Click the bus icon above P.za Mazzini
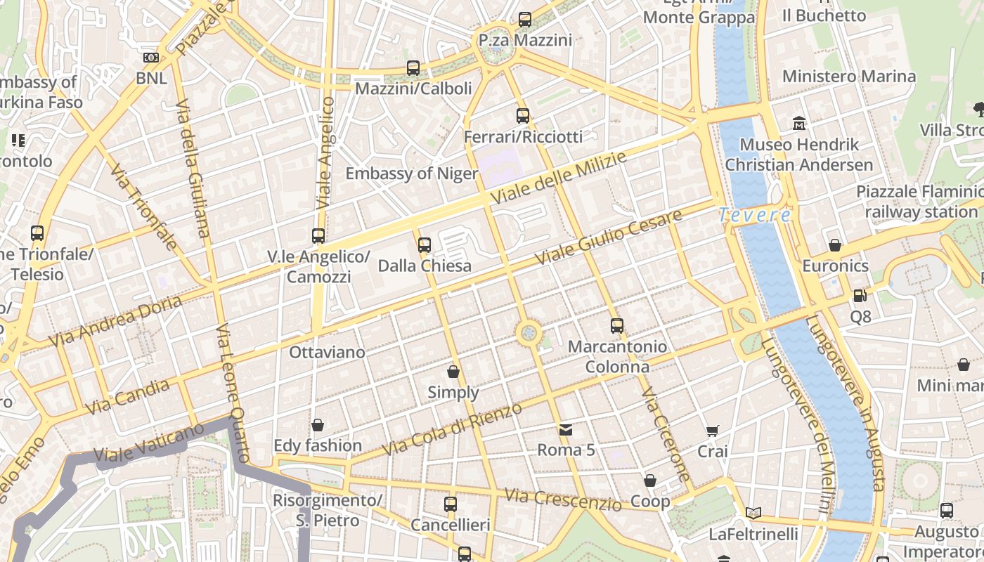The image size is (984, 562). coord(525,20)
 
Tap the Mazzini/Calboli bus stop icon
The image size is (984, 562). coord(413,68)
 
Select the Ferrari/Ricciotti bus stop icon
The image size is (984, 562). coord(523,116)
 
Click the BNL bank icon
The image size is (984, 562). coord(151,58)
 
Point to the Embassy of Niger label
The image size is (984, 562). coord(412,174)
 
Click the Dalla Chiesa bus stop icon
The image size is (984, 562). coord(424,245)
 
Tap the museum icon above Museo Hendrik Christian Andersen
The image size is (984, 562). coord(799,124)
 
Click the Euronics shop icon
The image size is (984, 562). coord(835,245)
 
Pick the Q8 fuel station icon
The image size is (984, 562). coord(860,296)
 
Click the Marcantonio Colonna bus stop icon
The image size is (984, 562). coord(617,326)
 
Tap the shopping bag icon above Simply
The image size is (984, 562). coord(453,372)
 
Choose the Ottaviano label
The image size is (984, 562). coord(328,352)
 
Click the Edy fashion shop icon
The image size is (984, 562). coord(318,425)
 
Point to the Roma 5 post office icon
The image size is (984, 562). coord(566,429)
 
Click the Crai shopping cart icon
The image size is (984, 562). coord(713,431)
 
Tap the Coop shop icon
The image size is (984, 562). coord(650,481)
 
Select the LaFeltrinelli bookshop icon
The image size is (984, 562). coord(753,514)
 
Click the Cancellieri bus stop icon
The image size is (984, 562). coord(451,504)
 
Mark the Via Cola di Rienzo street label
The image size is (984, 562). coord(451,429)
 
